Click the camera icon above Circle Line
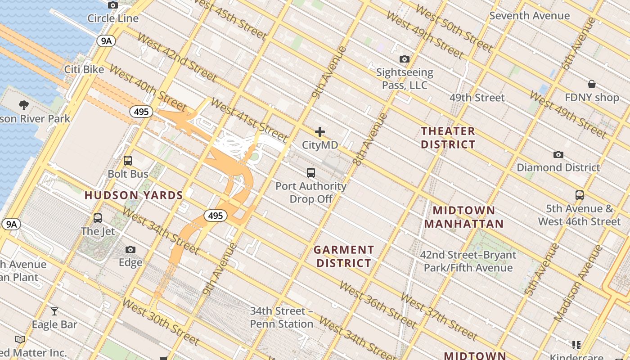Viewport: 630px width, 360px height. (x=113, y=5)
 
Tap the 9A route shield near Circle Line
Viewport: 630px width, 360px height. (x=106, y=41)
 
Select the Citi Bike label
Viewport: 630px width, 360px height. (x=84, y=69)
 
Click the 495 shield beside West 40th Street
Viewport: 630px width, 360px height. (x=141, y=112)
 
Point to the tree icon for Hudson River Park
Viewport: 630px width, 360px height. (x=24, y=106)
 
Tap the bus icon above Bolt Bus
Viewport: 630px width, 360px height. (x=128, y=161)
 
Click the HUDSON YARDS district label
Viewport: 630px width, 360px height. (x=134, y=195)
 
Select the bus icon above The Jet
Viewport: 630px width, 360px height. (x=98, y=218)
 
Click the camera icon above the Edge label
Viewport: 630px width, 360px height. (x=130, y=250)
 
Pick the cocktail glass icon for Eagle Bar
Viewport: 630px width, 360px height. (x=54, y=311)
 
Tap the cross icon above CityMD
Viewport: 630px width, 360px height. (x=320, y=132)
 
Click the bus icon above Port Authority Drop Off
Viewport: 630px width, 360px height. (x=311, y=172)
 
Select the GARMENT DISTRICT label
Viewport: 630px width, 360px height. (x=344, y=256)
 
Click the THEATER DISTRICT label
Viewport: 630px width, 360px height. (x=448, y=138)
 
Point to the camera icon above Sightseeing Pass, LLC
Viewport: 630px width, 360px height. (x=405, y=59)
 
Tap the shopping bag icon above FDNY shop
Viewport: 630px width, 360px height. (x=592, y=84)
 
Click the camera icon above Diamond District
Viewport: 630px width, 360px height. (x=558, y=154)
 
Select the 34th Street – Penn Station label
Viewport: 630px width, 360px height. (x=282, y=317)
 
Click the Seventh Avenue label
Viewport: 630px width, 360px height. (x=530, y=16)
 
